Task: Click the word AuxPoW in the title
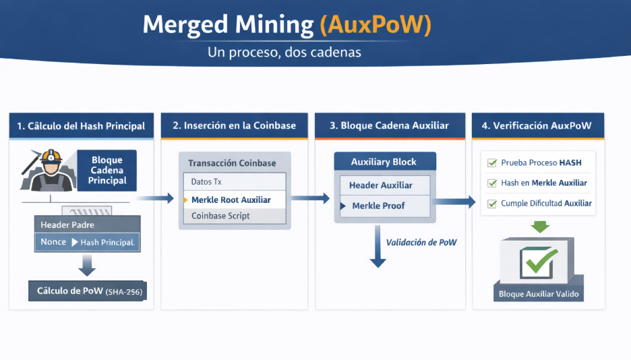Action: pyautogui.click(x=375, y=25)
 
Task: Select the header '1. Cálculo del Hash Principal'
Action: pyautogui.click(x=81, y=126)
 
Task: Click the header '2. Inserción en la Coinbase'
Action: pyautogui.click(x=234, y=126)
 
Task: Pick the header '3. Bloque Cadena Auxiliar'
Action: pyautogui.click(x=389, y=126)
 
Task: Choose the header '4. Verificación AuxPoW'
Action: pyautogui.click(x=537, y=126)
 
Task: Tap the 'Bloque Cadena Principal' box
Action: pyautogui.click(x=107, y=171)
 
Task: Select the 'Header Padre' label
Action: pyautogui.click(x=67, y=224)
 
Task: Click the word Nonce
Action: pyautogui.click(x=53, y=242)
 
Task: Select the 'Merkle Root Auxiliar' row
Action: pyautogui.click(x=231, y=200)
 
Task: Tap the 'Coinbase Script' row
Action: pyautogui.click(x=220, y=216)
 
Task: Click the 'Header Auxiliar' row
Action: pyautogui.click(x=381, y=185)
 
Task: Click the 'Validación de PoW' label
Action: pyautogui.click(x=421, y=242)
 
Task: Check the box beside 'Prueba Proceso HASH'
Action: pyautogui.click(x=492, y=162)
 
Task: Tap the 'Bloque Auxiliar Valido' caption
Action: pyautogui.click(x=538, y=295)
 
